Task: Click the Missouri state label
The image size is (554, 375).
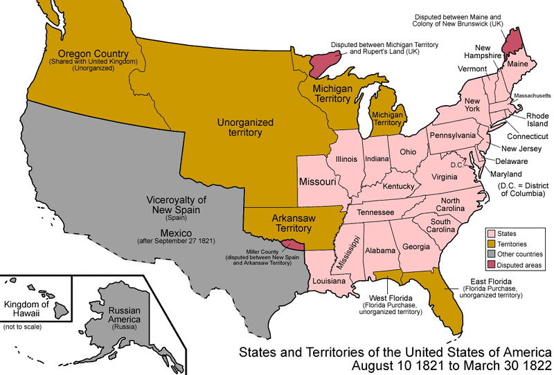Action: [x=318, y=182]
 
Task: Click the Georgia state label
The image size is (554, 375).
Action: [x=415, y=246]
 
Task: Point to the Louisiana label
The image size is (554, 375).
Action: [x=330, y=282]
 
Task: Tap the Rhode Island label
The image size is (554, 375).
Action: [x=537, y=120]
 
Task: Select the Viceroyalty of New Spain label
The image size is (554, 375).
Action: [x=177, y=205]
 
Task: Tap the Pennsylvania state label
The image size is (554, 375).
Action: [x=453, y=135]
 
